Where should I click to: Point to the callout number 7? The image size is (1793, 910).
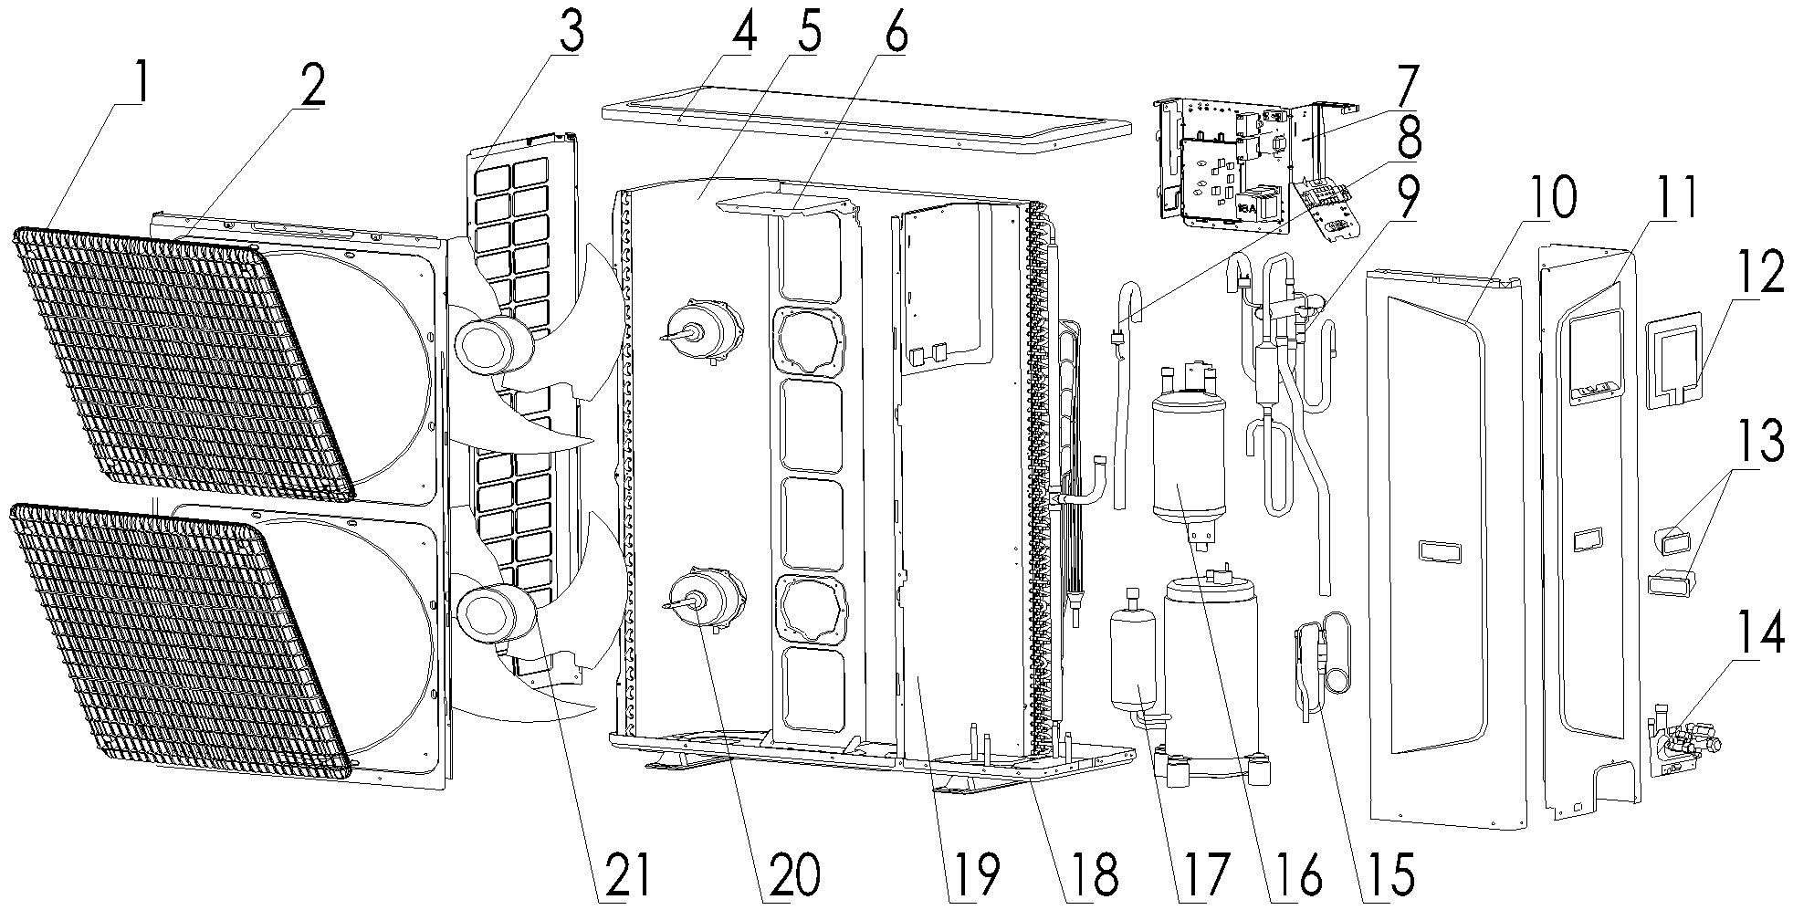tap(1402, 89)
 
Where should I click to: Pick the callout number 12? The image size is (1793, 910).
tap(1758, 271)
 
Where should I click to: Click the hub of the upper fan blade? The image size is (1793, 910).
tap(492, 348)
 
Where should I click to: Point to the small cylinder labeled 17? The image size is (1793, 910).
tap(1132, 657)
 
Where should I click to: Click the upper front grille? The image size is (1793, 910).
tap(183, 365)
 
